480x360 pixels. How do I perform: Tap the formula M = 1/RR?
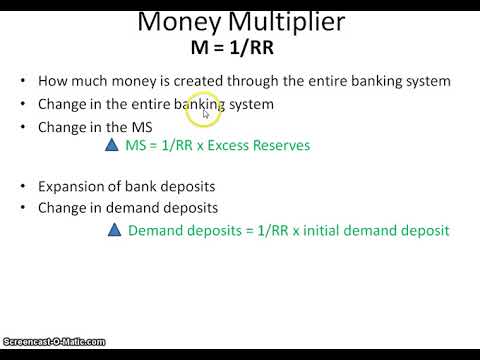pyautogui.click(x=240, y=46)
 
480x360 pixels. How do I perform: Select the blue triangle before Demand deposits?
pyautogui.click(x=113, y=231)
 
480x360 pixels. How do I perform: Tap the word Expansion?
pyautogui.click(x=73, y=186)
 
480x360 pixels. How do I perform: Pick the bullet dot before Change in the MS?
pyautogui.click(x=23, y=127)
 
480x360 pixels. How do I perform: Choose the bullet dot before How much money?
pyautogui.click(x=23, y=81)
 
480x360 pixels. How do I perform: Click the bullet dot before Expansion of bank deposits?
pyautogui.click(x=23, y=186)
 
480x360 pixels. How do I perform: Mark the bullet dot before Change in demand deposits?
pyautogui.click(x=23, y=208)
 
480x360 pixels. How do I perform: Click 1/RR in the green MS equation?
pyautogui.click(x=178, y=146)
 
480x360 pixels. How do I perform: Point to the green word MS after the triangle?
pyautogui.click(x=136, y=146)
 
